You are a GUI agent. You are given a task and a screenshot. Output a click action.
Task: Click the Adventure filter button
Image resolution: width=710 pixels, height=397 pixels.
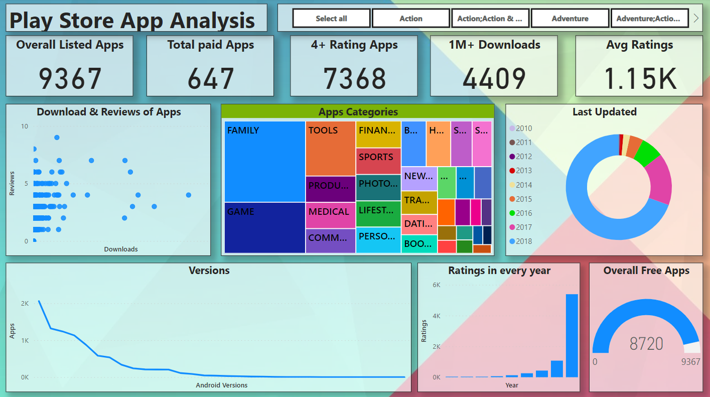click(570, 19)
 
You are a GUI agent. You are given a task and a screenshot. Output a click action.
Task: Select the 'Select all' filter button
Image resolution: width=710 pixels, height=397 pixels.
click(331, 19)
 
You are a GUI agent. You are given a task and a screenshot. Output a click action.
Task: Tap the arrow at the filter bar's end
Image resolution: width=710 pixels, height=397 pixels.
click(696, 19)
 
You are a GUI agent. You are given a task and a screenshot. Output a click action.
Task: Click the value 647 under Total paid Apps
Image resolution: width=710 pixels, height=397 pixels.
click(211, 78)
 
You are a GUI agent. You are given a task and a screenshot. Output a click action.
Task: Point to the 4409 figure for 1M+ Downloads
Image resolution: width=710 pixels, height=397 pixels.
click(494, 78)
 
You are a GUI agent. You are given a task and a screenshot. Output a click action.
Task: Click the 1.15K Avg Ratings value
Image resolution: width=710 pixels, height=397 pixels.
click(639, 78)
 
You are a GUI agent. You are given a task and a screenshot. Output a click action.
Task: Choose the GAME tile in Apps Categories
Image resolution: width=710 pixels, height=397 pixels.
click(264, 228)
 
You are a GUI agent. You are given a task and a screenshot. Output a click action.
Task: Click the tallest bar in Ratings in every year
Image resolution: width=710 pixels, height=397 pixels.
click(572, 335)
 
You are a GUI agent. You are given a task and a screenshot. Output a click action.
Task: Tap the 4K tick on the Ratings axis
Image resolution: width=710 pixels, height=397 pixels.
click(436, 316)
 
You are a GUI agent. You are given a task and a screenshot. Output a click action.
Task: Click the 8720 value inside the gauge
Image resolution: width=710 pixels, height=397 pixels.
click(646, 344)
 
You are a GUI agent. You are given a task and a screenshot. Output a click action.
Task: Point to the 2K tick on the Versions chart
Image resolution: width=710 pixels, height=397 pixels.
click(25, 304)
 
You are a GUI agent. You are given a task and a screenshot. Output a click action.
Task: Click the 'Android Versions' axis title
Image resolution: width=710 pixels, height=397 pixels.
click(221, 385)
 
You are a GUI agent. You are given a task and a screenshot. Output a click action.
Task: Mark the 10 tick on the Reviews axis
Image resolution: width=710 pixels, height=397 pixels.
click(25, 126)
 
